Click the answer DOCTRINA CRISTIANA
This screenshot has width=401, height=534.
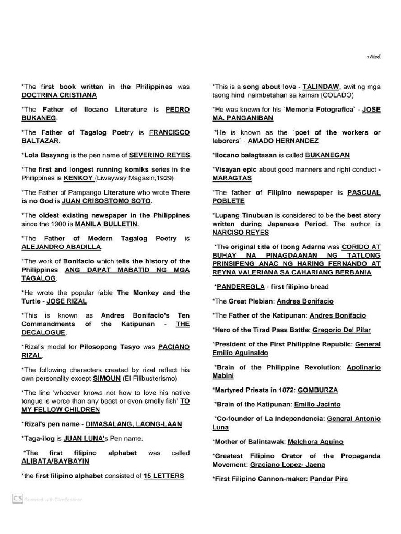click(x=58, y=95)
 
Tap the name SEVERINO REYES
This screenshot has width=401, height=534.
click(x=160, y=155)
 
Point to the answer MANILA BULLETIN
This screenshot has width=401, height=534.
click(x=106, y=224)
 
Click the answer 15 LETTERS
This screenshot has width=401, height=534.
click(x=164, y=476)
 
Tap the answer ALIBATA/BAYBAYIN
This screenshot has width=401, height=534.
click(x=55, y=462)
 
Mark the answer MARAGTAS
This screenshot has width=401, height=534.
click(x=232, y=178)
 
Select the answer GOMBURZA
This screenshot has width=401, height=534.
click(x=318, y=390)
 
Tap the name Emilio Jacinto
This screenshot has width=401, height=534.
click(x=317, y=404)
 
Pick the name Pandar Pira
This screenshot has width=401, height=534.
click(x=328, y=479)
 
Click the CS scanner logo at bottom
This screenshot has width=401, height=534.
click(x=18, y=499)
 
